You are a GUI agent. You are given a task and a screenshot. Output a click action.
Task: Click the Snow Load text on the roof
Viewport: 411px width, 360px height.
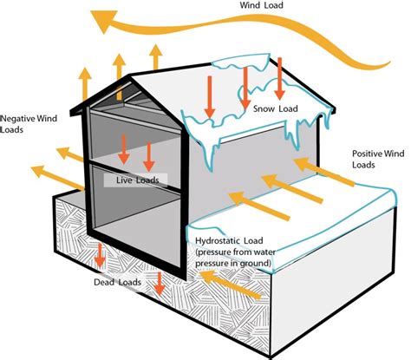coord(277,108)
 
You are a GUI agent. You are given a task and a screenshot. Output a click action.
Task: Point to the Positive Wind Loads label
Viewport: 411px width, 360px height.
coord(375,159)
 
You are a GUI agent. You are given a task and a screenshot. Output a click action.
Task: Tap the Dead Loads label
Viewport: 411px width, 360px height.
coord(117,283)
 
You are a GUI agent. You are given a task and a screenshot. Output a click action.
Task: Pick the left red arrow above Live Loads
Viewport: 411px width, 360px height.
coord(124,149)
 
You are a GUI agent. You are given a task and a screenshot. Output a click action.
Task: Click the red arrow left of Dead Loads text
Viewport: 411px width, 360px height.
coord(100,257)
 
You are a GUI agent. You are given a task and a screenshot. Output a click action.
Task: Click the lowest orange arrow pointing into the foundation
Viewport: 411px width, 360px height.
coord(231,286)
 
